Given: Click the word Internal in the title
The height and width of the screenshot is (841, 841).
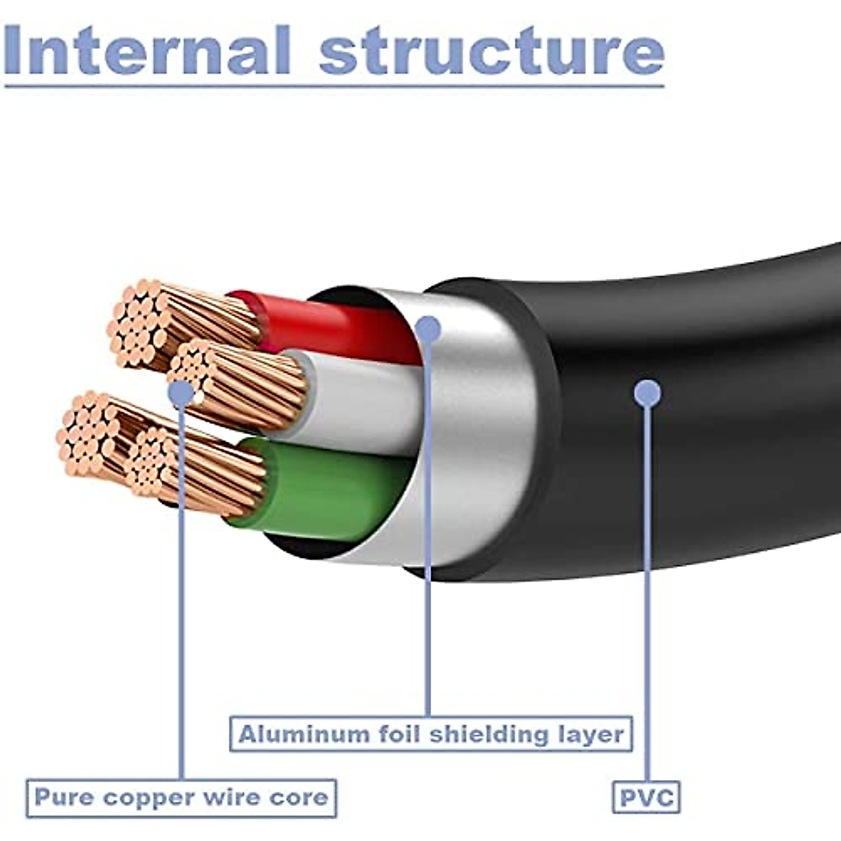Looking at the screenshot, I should pos(147,50).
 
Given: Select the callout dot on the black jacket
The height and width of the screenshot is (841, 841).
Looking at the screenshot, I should pos(647,393).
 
